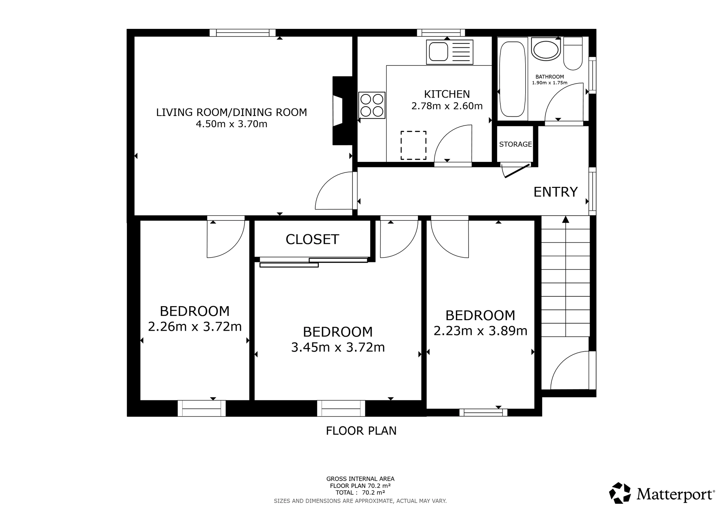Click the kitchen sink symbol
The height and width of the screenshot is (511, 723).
point(450,52)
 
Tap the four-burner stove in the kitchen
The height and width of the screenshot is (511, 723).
point(372,105)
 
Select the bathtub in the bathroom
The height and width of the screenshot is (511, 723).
point(512,79)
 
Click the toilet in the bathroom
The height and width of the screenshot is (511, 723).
point(573,53)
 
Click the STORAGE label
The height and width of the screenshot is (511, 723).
point(515,144)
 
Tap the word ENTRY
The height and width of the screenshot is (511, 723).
point(556,192)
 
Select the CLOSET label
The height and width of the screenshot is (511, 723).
point(312,239)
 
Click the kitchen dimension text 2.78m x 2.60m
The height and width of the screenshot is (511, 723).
point(447,106)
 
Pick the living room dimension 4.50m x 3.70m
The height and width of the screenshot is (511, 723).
point(232,124)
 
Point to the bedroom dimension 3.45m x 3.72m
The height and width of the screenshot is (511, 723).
point(338,347)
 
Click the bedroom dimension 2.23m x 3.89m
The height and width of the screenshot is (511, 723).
point(480,331)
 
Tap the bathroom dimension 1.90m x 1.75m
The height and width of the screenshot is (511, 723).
point(549,83)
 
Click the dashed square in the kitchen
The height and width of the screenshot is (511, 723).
point(414,145)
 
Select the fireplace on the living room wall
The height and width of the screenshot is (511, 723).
point(342,111)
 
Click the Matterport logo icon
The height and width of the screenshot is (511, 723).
point(621,493)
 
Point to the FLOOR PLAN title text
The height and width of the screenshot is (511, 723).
point(361,431)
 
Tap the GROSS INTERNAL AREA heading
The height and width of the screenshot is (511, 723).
point(360,479)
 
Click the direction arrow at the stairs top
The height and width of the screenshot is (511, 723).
point(566,219)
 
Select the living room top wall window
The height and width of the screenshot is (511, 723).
point(243,33)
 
